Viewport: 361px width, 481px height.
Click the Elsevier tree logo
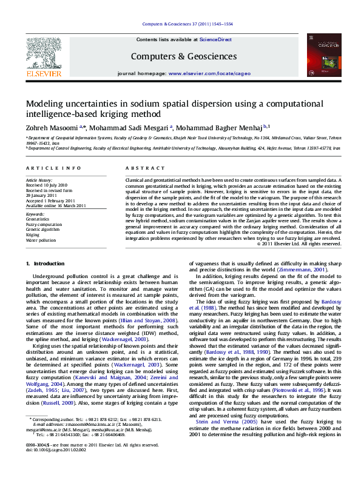[x=43, y=53]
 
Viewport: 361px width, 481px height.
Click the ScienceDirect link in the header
[x=216, y=39]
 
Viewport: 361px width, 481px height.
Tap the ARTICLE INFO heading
[x=53, y=167]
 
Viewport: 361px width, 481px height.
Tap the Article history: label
[x=39, y=181]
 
